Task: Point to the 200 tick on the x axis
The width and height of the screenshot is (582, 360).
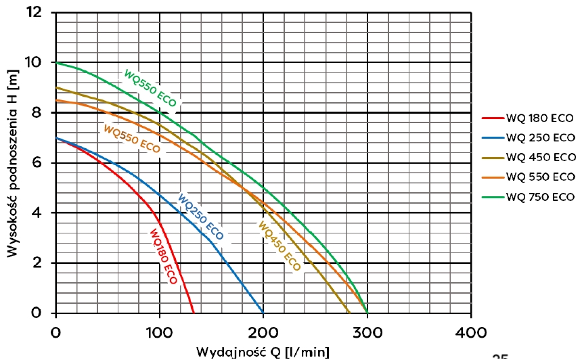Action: coord(263,332)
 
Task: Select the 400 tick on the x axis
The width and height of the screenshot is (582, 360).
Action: coord(471,332)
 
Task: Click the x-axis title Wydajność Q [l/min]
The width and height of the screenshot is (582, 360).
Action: coord(263,352)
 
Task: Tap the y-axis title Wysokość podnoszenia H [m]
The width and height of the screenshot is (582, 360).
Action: coord(14,162)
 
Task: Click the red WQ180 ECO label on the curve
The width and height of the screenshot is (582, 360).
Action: coord(162,257)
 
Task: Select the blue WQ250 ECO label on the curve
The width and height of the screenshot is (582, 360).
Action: coord(200,217)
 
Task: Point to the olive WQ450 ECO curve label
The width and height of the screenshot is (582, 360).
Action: coord(278,246)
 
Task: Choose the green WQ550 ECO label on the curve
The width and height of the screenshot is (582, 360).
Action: coord(150,87)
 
